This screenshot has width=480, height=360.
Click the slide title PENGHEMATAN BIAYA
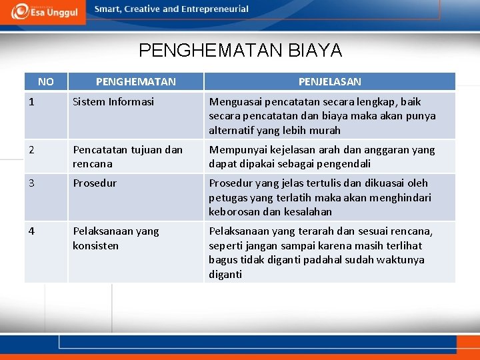[240, 51]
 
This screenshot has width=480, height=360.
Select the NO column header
[46, 82]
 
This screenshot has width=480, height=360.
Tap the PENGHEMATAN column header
[135, 82]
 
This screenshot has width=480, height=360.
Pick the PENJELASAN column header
[329, 82]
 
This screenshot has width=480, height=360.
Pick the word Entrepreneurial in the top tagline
[215, 9]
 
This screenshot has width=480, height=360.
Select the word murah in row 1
[325, 131]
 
